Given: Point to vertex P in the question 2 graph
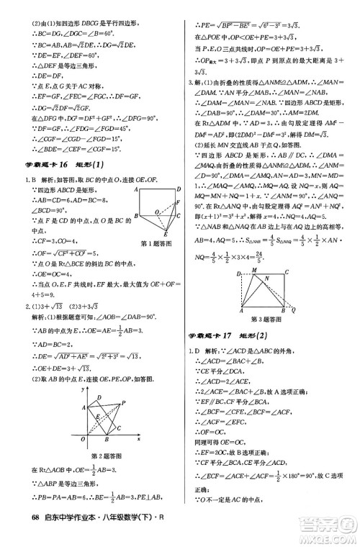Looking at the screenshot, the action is [x=124, y=402].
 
